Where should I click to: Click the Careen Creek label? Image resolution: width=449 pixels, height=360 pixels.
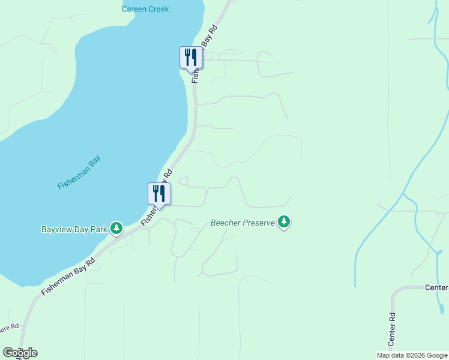coord(145,9)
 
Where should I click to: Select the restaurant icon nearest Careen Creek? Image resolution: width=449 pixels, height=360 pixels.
coord(190,58)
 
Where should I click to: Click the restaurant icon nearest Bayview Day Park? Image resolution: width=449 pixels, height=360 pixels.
coord(159,193)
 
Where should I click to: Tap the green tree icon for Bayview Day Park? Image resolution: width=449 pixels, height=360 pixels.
coord(116,228)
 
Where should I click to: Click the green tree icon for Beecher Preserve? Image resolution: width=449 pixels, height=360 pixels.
coord(284,223)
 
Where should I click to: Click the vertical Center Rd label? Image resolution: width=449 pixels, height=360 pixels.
coord(391,328)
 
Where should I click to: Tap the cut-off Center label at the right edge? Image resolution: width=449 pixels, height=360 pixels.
coord(436,287)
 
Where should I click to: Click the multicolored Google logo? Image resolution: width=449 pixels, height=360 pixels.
coord(20,352)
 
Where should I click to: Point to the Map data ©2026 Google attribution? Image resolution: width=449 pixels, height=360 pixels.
coord(412,355)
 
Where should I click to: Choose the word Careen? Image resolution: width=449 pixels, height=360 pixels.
coord(134,9)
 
